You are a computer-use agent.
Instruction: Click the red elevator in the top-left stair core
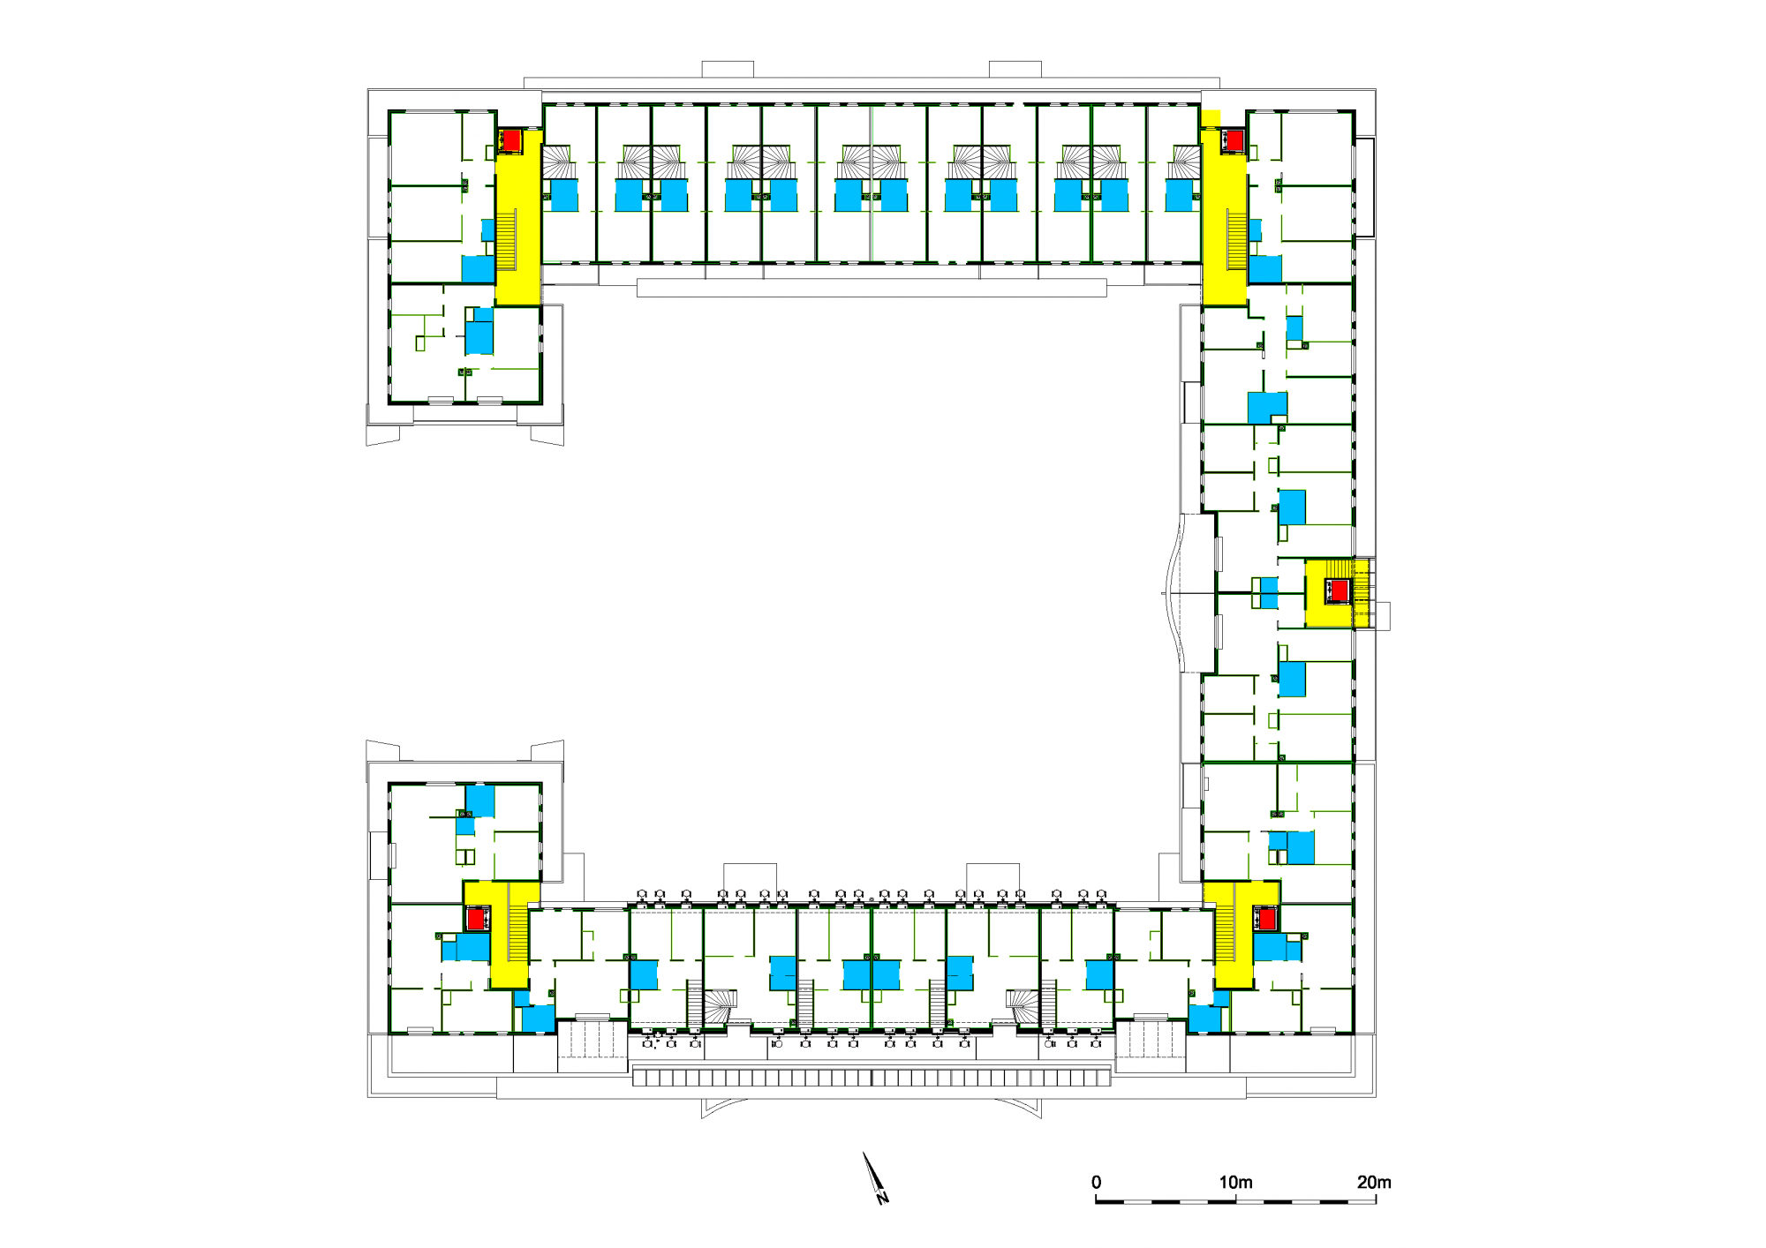(x=511, y=140)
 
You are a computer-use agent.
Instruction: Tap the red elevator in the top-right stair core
(x=1234, y=140)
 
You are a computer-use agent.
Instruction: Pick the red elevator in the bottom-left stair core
(x=477, y=919)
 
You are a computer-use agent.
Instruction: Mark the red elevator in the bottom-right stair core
(x=1267, y=919)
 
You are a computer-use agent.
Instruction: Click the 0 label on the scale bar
(x=1096, y=1182)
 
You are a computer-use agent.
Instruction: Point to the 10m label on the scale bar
(x=1235, y=1182)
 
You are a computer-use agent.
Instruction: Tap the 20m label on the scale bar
(x=1374, y=1182)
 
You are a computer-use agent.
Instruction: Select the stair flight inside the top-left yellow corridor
(x=506, y=240)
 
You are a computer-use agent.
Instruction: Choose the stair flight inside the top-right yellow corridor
(x=1236, y=240)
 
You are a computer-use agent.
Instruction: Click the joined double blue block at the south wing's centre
(x=872, y=974)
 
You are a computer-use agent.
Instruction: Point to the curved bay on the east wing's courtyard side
(x=1178, y=593)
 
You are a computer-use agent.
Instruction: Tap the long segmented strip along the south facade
(x=872, y=1077)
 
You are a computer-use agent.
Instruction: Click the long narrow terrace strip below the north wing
(x=872, y=288)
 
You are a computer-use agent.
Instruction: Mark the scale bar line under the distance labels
(x=1235, y=1201)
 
